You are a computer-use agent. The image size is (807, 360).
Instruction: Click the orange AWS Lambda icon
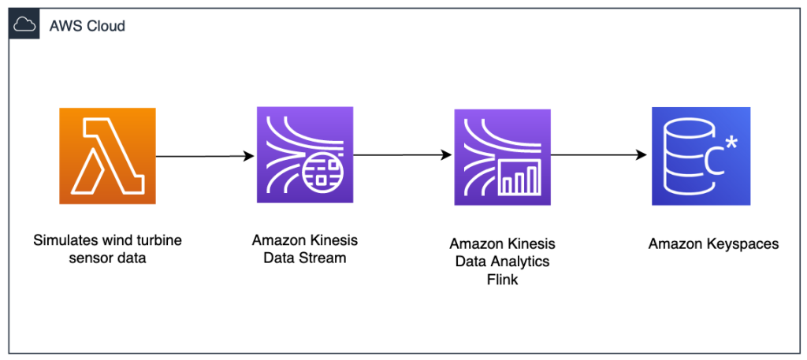[x=107, y=156]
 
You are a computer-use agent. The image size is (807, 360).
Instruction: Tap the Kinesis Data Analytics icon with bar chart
[x=502, y=157]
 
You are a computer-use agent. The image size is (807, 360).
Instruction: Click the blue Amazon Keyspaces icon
[x=700, y=155]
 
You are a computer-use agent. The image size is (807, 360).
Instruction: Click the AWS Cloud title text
[x=87, y=26]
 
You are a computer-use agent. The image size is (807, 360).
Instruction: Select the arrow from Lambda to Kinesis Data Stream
[x=205, y=155]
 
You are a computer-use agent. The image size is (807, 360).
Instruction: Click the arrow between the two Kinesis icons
[x=403, y=155]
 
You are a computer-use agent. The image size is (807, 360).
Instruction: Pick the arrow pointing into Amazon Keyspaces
[x=601, y=155]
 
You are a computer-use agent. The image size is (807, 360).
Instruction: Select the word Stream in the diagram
[x=320, y=257]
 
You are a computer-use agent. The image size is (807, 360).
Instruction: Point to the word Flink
[x=503, y=279]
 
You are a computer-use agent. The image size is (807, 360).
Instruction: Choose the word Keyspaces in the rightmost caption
[x=741, y=244]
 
